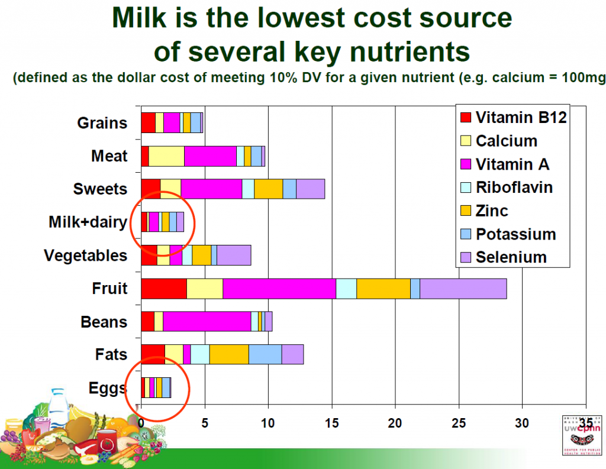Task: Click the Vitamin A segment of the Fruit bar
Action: pos(279,288)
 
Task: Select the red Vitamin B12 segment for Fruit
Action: pos(164,288)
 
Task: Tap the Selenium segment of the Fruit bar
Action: pos(463,288)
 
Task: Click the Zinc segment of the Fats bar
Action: pos(228,354)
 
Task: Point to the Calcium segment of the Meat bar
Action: pos(166,156)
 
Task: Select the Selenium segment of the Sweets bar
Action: pos(310,189)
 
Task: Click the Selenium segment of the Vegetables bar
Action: pos(234,255)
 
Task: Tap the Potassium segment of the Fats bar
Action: pos(265,354)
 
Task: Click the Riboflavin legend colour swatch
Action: pos(466,187)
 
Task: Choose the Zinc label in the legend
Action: pos(492,211)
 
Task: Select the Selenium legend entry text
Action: pos(511,257)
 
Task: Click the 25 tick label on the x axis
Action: pos(459,423)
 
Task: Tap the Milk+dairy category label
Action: pos(88,222)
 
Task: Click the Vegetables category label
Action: pos(86,255)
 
